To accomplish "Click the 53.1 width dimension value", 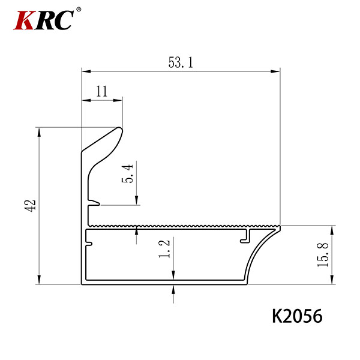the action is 181,62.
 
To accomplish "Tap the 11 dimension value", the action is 102,91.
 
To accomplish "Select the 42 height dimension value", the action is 30,205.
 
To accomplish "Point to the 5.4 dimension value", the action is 127,173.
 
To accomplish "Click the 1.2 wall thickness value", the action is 164,249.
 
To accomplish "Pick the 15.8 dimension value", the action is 323,254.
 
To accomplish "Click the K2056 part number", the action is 298,316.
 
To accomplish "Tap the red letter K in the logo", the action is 24,20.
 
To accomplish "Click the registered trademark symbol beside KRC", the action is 79,10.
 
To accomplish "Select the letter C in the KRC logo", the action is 64,20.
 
